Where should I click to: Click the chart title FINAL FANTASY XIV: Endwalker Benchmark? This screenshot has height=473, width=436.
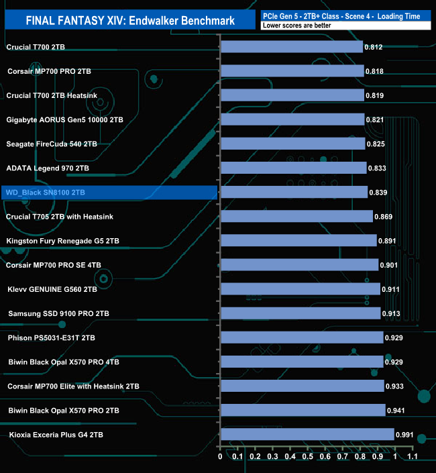(129, 20)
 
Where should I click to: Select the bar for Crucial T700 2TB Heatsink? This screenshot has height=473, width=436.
(292, 95)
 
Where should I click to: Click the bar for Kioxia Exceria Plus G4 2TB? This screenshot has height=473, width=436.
(307, 435)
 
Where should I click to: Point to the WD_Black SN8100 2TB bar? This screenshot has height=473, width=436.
(294, 193)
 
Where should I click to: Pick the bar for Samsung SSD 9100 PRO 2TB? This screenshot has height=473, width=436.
(301, 313)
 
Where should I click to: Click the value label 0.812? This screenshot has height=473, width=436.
(374, 48)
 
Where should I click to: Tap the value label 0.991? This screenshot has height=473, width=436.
(405, 435)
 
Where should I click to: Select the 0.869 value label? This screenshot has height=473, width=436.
(384, 217)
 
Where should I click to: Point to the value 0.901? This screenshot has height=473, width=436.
(389, 265)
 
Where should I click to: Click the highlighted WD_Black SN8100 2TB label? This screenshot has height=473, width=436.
(46, 193)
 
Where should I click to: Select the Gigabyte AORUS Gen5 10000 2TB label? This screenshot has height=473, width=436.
(64, 119)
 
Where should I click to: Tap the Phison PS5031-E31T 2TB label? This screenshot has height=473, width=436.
(52, 337)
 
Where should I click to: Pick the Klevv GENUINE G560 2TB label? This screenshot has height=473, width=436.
(52, 289)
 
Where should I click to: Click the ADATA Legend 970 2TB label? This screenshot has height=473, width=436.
(47, 168)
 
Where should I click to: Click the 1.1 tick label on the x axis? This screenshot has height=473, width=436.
(413, 457)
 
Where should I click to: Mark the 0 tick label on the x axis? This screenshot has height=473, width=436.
(220, 457)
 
